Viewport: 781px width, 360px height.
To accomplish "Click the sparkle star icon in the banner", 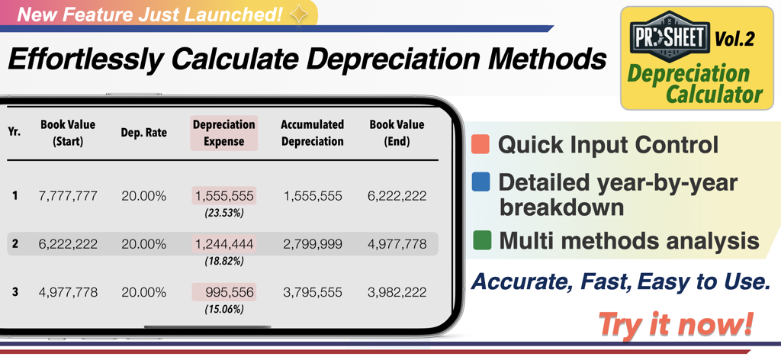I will pos(299,14).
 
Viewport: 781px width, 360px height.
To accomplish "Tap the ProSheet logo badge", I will pos(669,36).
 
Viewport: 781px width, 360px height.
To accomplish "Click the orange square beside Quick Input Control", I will pos(480,144).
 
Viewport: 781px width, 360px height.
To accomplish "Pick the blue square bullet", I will pos(480,182).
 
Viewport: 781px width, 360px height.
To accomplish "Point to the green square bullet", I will pos(481,240).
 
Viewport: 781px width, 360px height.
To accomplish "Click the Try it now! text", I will pos(676,324).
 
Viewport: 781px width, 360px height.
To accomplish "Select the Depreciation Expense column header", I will pos(223,133).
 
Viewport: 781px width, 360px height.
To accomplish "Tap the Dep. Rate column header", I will pos(143,133).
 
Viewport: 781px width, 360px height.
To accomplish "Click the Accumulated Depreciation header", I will pos(312,133).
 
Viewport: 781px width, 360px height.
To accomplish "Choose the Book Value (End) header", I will pos(397,133).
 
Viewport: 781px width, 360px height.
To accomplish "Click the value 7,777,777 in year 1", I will pos(68,196).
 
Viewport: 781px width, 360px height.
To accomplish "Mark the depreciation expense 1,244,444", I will pos(223,244).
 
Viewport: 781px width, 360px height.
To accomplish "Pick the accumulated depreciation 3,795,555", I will pos(312,292).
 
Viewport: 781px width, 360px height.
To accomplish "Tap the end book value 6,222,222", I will pos(397,196).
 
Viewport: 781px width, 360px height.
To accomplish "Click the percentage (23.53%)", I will pos(223,213).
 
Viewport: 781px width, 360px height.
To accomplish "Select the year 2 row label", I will pos(14,244).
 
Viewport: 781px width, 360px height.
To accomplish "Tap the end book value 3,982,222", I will pos(397,292).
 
